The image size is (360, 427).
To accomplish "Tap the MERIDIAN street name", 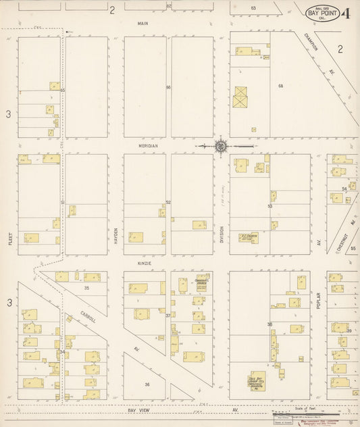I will (149, 145).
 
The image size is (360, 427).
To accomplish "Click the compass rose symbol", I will (221, 145).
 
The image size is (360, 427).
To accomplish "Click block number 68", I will (280, 86).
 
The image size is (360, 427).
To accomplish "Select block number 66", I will (168, 88).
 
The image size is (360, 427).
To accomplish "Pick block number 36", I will (147, 384).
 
